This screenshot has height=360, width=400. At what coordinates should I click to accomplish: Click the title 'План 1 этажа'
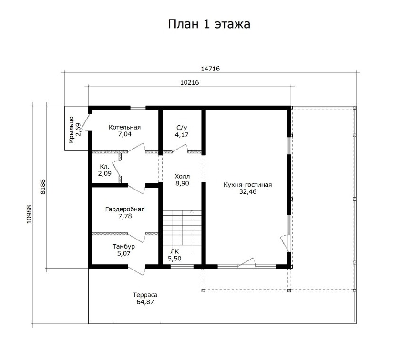coord(209,24)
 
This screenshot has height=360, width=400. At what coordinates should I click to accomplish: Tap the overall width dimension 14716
coord(210,69)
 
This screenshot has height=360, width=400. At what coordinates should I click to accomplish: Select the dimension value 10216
coord(189,82)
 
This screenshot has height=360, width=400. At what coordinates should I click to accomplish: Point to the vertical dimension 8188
coord(42,187)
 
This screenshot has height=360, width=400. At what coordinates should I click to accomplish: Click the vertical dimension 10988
coord(29,214)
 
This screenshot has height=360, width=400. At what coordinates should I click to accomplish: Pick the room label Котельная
coord(124,127)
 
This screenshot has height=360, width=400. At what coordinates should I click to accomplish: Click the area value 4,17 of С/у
coord(182,134)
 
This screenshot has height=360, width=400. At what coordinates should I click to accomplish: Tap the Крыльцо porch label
coord(71,130)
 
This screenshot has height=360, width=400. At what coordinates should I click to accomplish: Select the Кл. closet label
coord(104,167)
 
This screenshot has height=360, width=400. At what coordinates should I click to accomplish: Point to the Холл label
coord(182,176)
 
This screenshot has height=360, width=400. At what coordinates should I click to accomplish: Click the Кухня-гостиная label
coord(247,185)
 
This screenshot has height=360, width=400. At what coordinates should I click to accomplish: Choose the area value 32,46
coord(248,191)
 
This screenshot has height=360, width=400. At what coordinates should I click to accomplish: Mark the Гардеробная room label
coord(125,209)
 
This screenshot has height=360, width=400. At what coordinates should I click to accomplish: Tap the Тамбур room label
coord(123,246)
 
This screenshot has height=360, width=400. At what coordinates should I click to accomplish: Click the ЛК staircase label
coord(175,251)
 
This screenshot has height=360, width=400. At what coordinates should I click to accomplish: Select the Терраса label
coord(145,295)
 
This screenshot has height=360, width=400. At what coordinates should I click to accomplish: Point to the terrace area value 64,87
coord(145,302)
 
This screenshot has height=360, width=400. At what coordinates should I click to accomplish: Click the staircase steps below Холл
coord(182,228)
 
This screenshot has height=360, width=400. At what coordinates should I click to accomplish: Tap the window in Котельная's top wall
coord(138,108)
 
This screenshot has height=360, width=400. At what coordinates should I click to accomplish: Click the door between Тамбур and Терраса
coord(136,270)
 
